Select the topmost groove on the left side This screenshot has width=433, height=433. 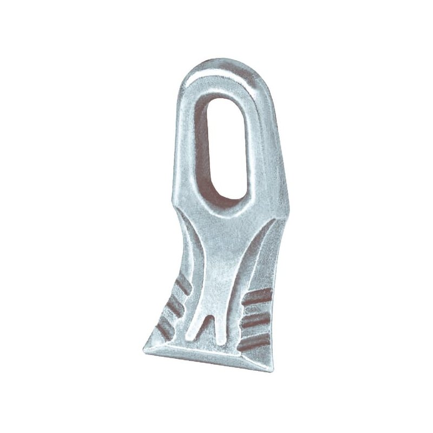tap(182, 285)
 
